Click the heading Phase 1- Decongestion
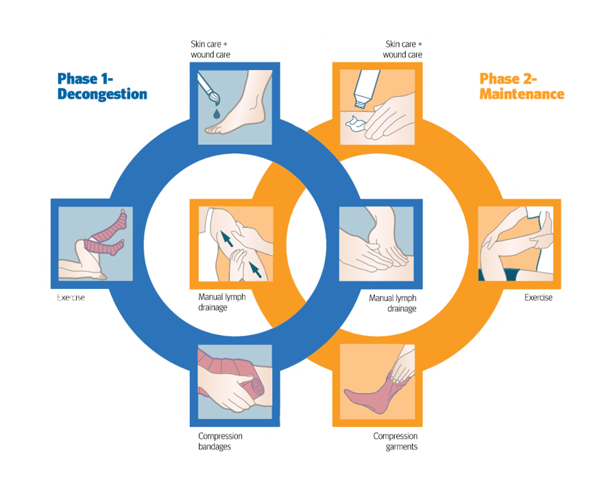102,86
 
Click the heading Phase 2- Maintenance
522,86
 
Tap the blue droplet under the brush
216,112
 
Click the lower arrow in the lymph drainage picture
254,270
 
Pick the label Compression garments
395,441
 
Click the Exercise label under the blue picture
71,298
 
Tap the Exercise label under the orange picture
538,298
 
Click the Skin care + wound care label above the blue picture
211,49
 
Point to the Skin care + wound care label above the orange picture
402,49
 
